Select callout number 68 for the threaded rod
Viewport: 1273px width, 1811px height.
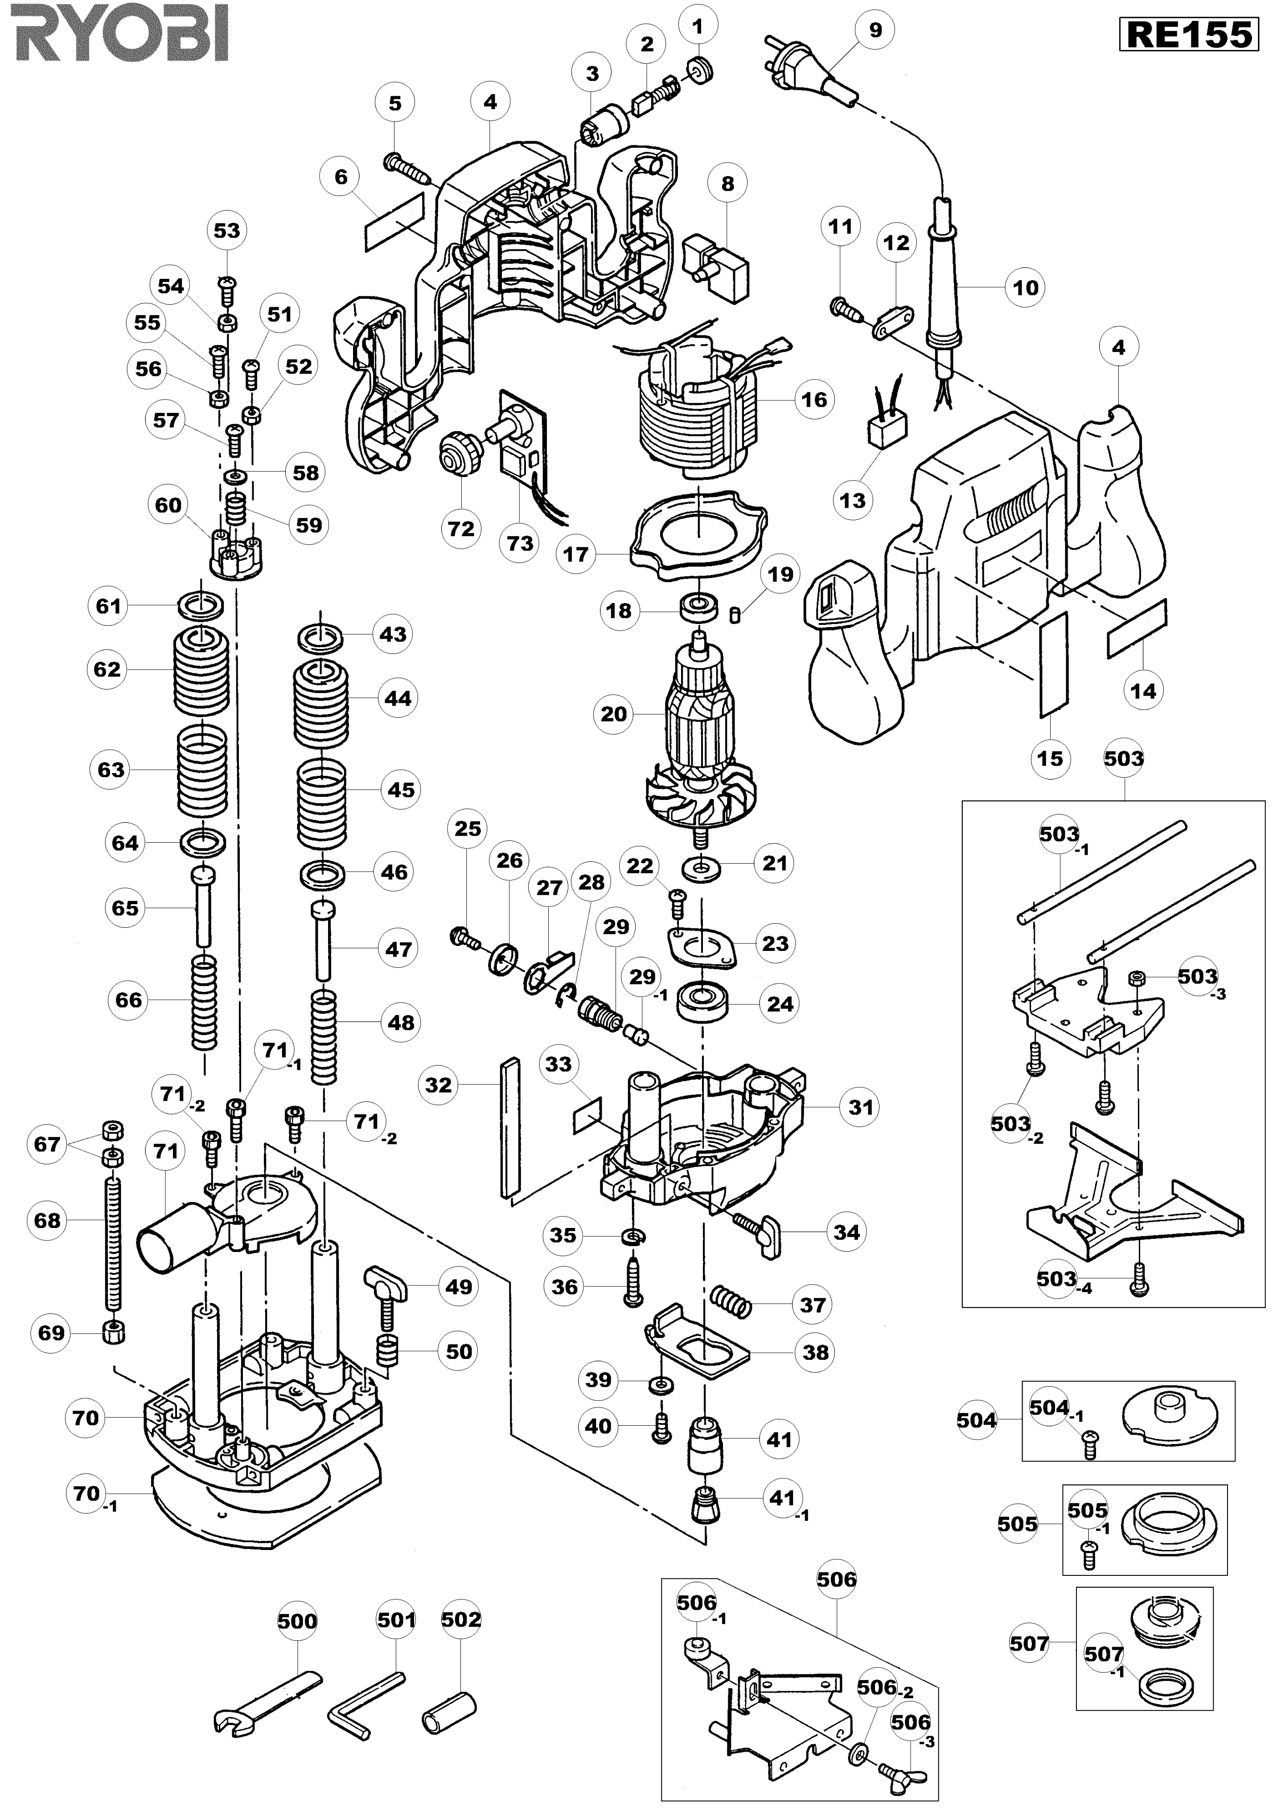[47, 1220]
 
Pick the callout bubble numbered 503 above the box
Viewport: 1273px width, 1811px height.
[1123, 758]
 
